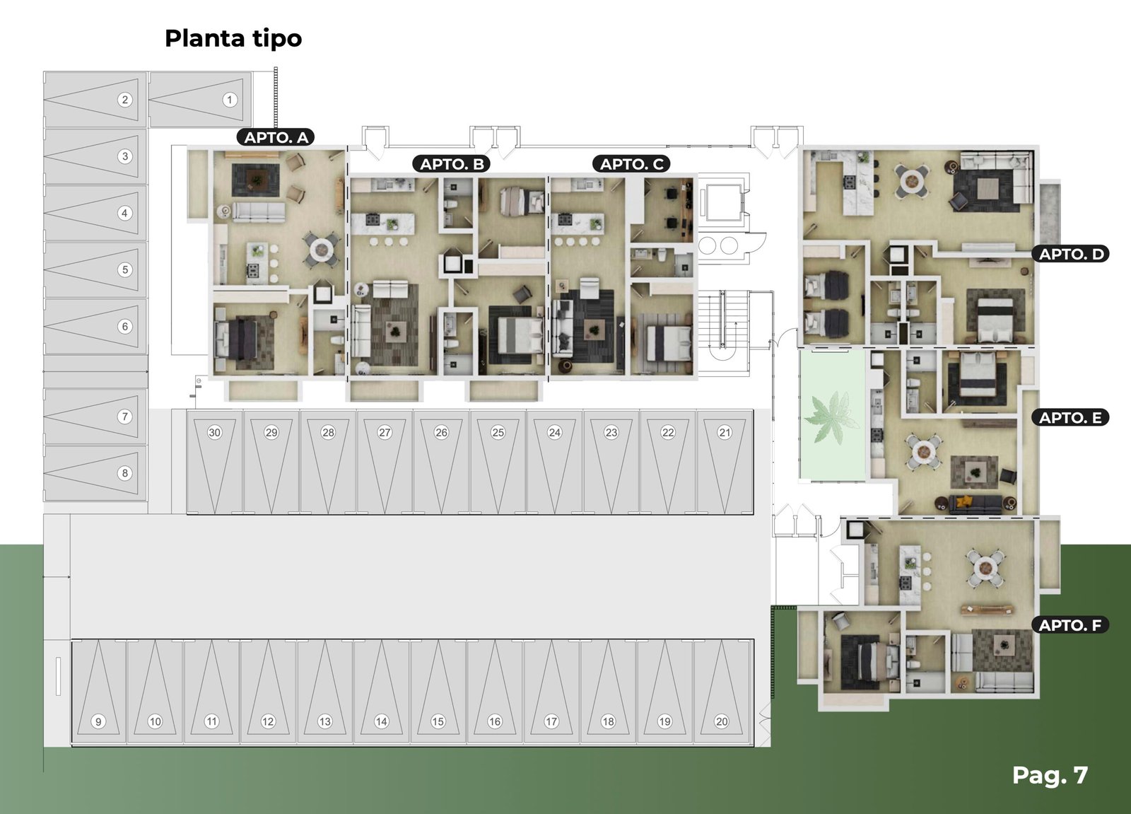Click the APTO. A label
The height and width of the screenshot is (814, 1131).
pos(276,137)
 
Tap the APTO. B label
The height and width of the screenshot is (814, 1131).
pos(452,163)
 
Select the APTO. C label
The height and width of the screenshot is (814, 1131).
pos(631,163)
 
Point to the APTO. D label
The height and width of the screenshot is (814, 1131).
pos(1070,254)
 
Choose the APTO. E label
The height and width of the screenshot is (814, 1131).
pos(1070,417)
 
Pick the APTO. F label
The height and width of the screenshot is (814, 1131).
pos(1070,625)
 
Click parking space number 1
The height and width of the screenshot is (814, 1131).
pos(201,100)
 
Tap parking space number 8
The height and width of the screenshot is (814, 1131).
pos(95,473)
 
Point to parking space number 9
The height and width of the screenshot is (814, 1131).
pos(98,691)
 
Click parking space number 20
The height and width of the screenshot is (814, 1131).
pos(722,691)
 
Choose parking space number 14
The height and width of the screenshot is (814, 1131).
pos(381,691)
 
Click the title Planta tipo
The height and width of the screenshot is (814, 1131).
pos(233,38)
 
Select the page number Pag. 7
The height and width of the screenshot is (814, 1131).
pos(1050,774)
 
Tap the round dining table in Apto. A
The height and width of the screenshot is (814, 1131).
pos(321,249)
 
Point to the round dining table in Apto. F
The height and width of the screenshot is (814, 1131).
pos(985,569)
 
